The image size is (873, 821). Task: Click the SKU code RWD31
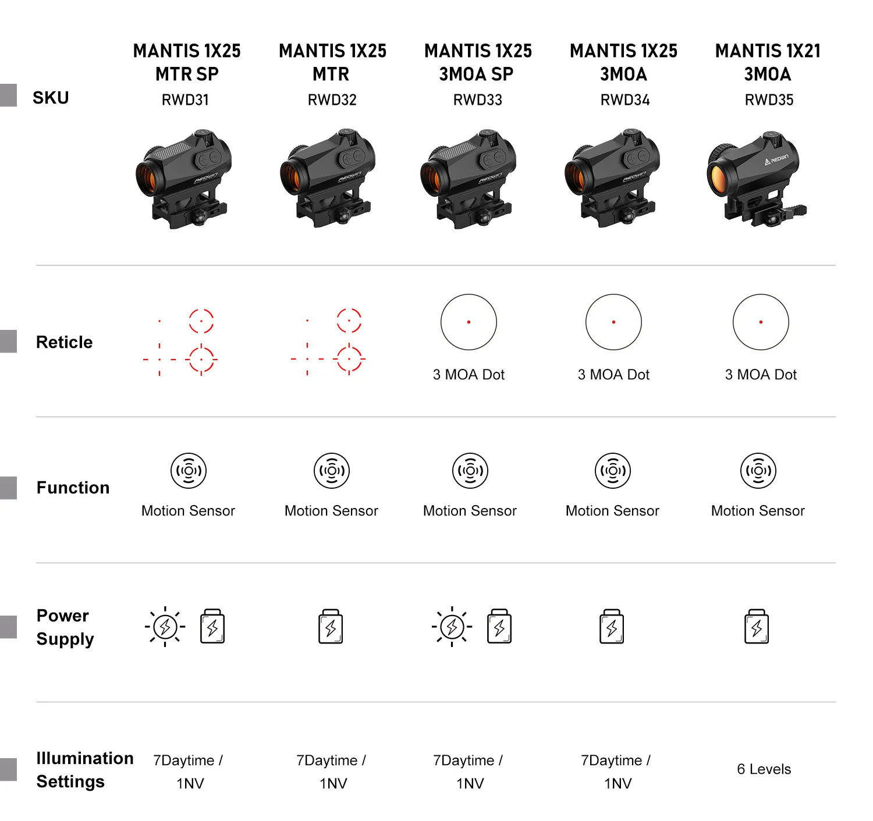(185, 99)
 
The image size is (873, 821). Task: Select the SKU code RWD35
(769, 99)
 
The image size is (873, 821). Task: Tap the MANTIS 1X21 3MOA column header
(768, 62)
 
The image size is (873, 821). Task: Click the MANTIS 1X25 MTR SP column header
(187, 62)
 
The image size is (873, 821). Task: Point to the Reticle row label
(64, 342)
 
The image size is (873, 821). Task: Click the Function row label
(73, 488)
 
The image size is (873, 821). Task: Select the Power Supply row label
(65, 627)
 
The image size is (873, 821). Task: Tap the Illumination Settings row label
(85, 770)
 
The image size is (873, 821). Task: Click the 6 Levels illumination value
(764, 769)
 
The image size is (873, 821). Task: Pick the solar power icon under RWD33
(452, 627)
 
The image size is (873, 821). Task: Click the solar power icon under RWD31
(165, 627)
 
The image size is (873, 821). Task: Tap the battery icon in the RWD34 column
(612, 626)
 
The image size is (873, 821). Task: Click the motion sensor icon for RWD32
(331, 471)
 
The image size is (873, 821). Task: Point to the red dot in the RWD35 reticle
(761, 322)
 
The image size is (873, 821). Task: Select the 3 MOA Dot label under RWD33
(469, 375)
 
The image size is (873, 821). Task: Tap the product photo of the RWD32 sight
(328, 178)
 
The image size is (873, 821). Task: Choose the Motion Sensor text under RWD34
(612, 511)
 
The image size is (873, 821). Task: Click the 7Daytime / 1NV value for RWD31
(188, 772)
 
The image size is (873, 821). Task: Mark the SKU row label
(51, 98)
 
